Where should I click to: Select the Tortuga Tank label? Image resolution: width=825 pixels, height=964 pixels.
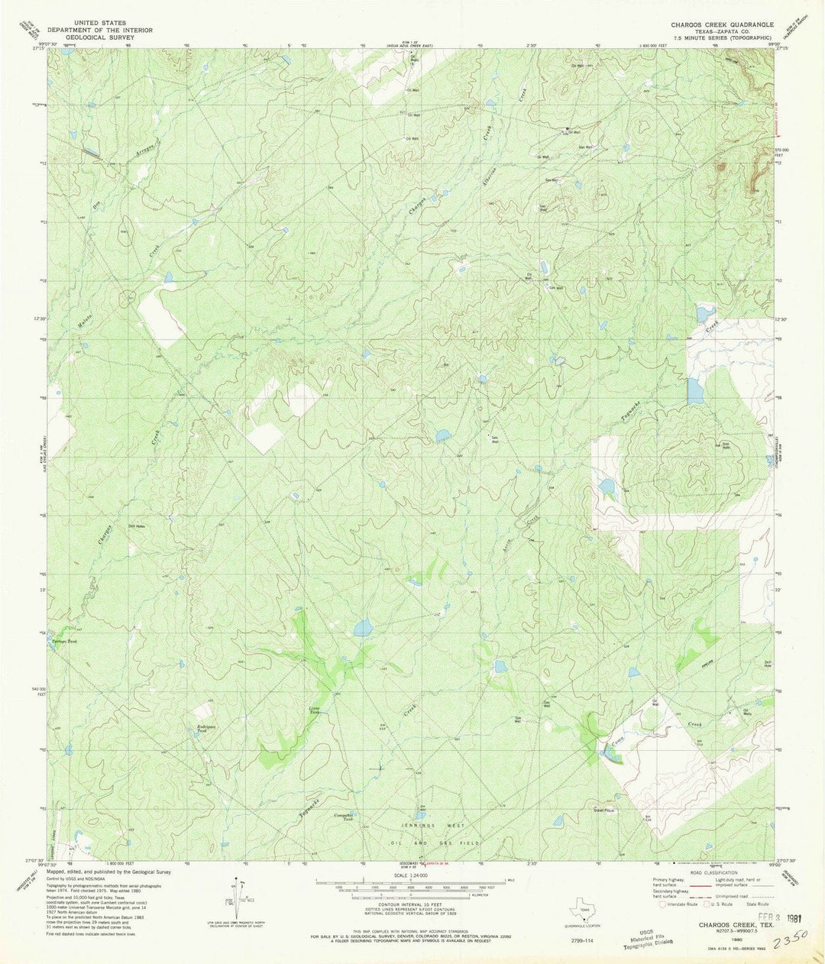tap(61, 640)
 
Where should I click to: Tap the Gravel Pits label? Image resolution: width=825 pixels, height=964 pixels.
tap(604, 810)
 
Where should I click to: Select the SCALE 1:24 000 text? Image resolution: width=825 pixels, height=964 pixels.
tap(411, 875)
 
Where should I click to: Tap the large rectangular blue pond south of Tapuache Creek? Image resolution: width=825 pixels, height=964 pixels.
tap(695, 391)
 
